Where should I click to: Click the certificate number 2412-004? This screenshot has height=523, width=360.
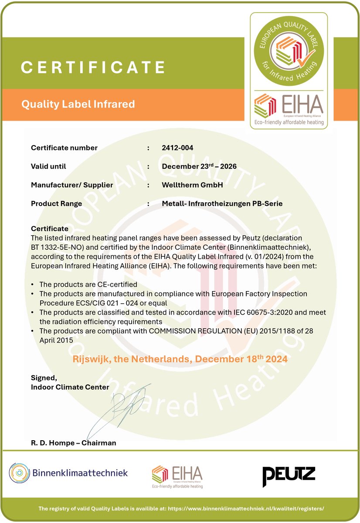(177, 148)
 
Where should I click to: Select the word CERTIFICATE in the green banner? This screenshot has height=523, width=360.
(93, 67)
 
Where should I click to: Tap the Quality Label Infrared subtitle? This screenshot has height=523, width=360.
(78, 104)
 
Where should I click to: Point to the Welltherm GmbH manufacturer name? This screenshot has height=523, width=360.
(192, 185)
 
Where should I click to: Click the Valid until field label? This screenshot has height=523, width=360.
(48, 166)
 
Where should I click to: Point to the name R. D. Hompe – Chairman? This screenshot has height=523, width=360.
(74, 443)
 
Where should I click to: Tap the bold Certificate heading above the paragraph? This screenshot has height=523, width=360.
(50, 228)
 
